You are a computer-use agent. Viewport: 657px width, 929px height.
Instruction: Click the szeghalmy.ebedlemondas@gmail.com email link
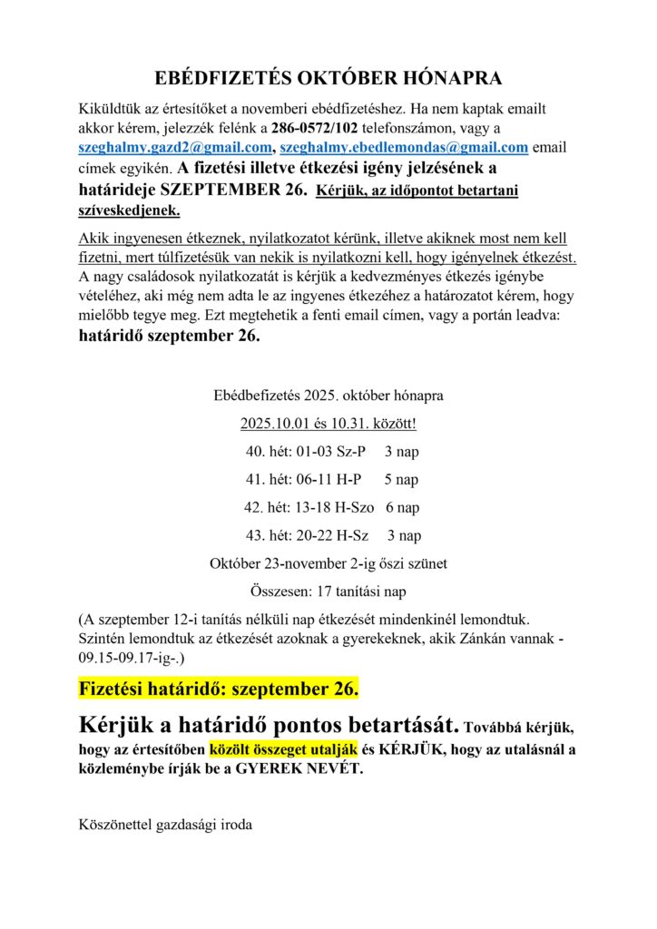pyautogui.click(x=404, y=147)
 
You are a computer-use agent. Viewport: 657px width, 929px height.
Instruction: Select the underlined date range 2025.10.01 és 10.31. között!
pyautogui.click(x=328, y=424)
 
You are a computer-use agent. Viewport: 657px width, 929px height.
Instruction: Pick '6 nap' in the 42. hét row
pyautogui.click(x=402, y=507)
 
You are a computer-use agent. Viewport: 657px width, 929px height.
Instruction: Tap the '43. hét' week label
pyautogui.click(x=270, y=535)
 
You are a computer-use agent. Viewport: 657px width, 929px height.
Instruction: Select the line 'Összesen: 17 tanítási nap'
pyautogui.click(x=328, y=592)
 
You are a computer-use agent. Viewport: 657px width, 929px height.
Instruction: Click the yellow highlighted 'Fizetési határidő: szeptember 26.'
pyautogui.click(x=219, y=689)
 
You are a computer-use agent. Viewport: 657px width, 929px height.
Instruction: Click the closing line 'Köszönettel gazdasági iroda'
pyautogui.click(x=165, y=825)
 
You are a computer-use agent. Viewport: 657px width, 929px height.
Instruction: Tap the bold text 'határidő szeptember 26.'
pyautogui.click(x=170, y=337)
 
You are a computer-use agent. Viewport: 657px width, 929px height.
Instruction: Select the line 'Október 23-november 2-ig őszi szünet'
pyautogui.click(x=328, y=563)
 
